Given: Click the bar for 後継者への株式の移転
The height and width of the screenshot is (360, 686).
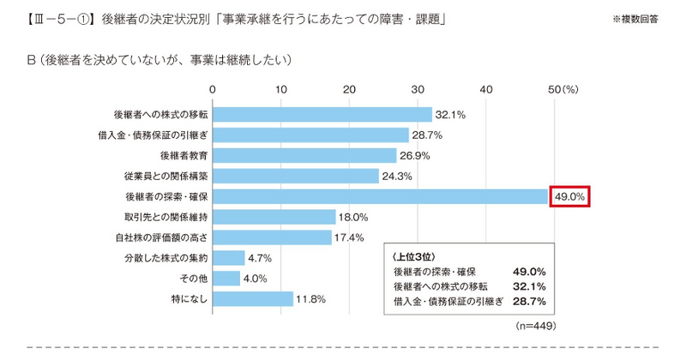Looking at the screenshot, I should (x=322, y=114).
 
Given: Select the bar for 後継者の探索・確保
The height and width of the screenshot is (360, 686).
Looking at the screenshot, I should (x=380, y=196).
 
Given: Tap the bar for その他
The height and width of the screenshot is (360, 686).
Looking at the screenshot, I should (x=226, y=279).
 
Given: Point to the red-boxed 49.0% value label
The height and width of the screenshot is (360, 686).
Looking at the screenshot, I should (x=570, y=196).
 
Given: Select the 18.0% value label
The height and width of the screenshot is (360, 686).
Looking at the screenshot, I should (x=354, y=217).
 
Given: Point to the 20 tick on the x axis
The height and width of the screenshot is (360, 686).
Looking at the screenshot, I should (x=349, y=89).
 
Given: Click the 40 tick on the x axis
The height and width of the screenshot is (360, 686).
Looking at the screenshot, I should (x=487, y=89).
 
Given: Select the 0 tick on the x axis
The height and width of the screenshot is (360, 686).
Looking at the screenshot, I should (x=212, y=89).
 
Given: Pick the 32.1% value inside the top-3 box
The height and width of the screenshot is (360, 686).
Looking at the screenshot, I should (x=529, y=286).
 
